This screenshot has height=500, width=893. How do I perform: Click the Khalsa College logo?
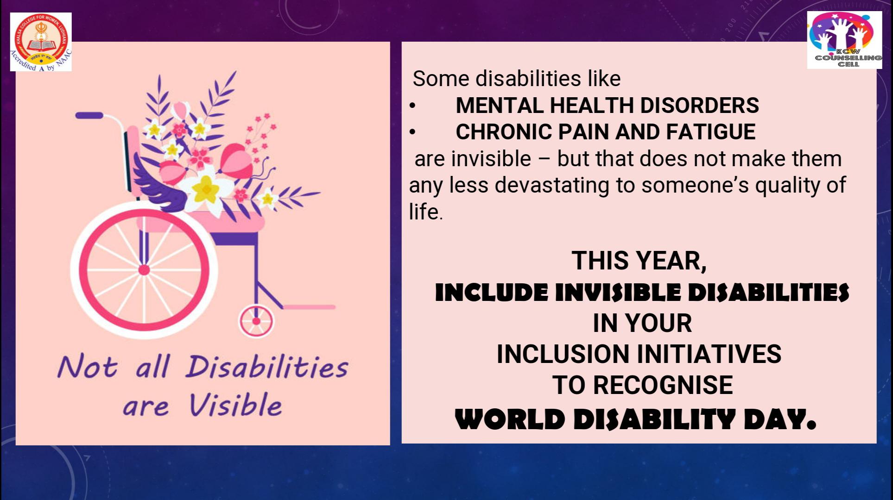tap(41, 42)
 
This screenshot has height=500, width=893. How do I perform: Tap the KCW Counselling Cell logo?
tap(844, 40)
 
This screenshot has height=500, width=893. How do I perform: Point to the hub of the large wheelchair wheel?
tap(144, 269)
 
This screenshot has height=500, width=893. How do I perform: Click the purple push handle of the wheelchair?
tap(89, 115)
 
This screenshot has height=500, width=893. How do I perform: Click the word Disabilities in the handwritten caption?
tap(267, 367)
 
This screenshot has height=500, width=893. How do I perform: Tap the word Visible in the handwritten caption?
tap(235, 406)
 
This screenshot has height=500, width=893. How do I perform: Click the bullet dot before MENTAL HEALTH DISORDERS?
tap(412, 106)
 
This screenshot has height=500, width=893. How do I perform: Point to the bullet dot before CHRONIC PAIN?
tap(412, 132)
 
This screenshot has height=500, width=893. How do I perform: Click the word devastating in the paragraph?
tap(552, 185)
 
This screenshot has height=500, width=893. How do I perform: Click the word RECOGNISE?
tap(663, 385)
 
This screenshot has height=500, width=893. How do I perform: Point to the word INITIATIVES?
tap(709, 354)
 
